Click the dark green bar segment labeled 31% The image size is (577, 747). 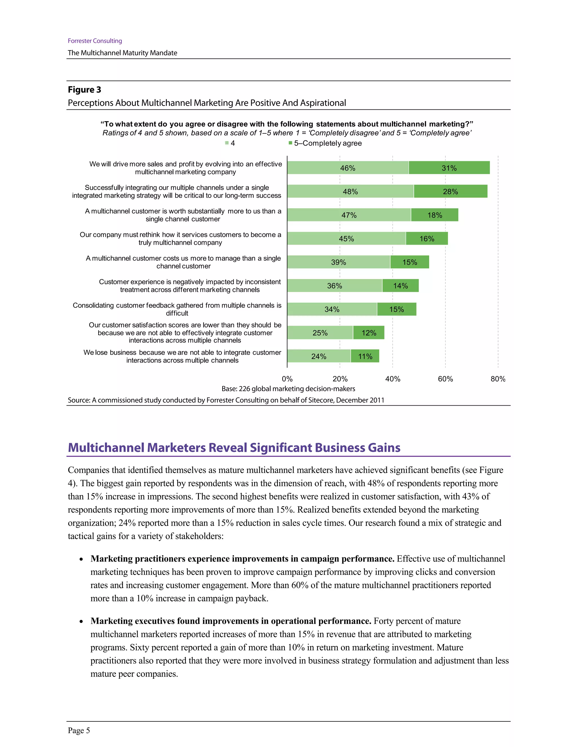[x=449, y=168]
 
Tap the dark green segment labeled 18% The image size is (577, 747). [x=434, y=215]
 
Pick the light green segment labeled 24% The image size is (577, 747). [x=318, y=356]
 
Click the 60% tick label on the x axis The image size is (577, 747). [x=445, y=379]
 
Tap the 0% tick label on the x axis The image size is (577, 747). [x=287, y=379]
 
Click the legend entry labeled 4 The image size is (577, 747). [x=230, y=143]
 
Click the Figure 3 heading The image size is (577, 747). [x=85, y=90]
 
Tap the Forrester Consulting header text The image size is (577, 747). [x=95, y=41]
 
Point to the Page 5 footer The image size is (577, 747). [x=79, y=730]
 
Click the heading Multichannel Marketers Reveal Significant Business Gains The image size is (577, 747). [x=234, y=447]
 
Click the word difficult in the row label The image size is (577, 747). [x=177, y=313]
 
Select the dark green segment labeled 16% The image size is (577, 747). [x=427, y=238]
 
